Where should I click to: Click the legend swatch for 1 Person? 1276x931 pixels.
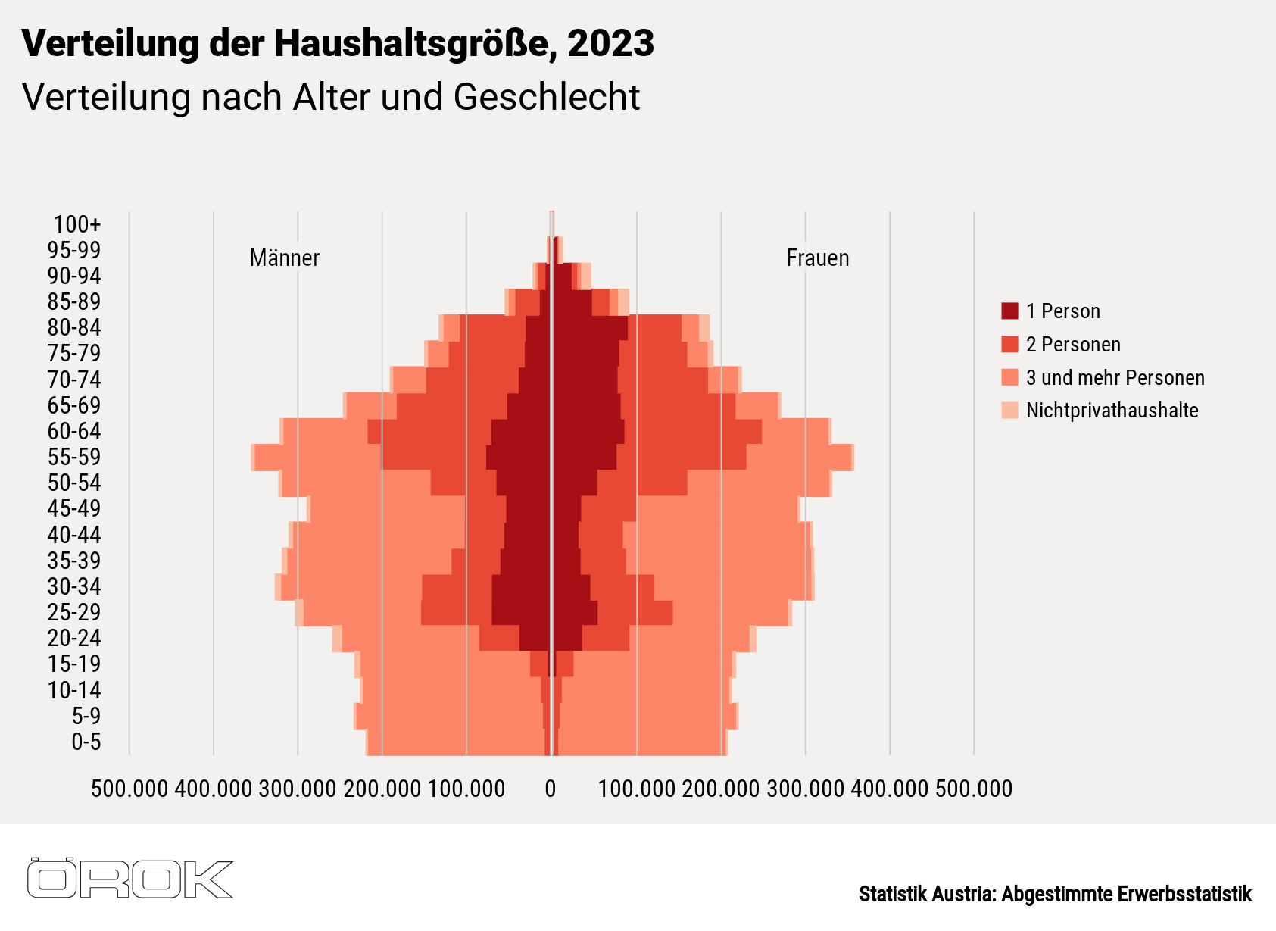pyautogui.click(x=1009, y=311)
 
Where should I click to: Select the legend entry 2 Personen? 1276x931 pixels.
pyautogui.click(x=1072, y=345)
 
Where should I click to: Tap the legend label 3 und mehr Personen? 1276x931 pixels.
pyautogui.click(x=1115, y=377)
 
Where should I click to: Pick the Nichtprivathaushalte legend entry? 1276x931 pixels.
pyautogui.click(x=1111, y=411)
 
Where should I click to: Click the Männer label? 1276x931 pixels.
pyautogui.click(x=285, y=258)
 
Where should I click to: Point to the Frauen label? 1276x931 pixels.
pyautogui.click(x=817, y=258)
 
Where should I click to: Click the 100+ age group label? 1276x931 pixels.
pyautogui.click(x=76, y=224)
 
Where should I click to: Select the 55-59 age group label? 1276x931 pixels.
pyautogui.click(x=74, y=457)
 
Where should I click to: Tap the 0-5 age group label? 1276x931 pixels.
pyautogui.click(x=86, y=742)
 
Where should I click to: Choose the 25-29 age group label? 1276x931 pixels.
pyautogui.click(x=74, y=612)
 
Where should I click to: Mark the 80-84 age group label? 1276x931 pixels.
pyautogui.click(x=74, y=327)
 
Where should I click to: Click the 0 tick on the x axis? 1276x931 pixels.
pyautogui.click(x=551, y=789)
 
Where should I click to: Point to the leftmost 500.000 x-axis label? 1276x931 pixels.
pyautogui.click(x=129, y=789)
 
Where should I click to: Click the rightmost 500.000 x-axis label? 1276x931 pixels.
pyautogui.click(x=974, y=789)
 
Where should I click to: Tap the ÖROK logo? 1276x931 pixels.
pyautogui.click(x=130, y=879)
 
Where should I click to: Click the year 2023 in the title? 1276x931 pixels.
pyautogui.click(x=610, y=43)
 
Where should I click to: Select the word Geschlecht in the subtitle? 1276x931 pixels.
pyautogui.click(x=547, y=97)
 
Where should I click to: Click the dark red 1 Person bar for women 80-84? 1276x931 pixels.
pyautogui.click(x=591, y=327)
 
